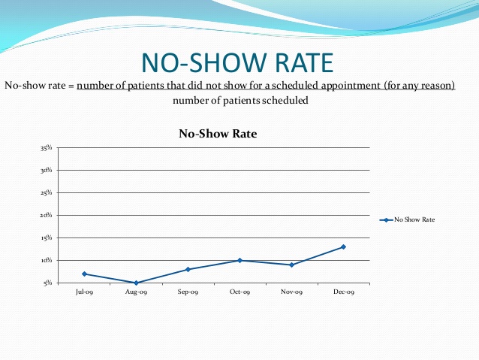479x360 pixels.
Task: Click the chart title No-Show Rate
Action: pos(218,134)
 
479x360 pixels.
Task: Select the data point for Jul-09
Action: pos(85,274)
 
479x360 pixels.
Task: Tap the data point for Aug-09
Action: pos(137,283)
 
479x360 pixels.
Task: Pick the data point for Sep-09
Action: pos(188,269)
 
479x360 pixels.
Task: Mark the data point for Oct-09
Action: pos(239,260)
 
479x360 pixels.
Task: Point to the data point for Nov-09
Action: pos(291,265)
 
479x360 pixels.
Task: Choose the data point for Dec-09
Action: pos(343,247)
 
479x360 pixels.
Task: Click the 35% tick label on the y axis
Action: pos(47,148)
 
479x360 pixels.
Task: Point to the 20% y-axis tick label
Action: pos(47,216)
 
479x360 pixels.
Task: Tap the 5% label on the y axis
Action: pos(48,283)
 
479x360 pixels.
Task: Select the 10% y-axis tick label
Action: pos(47,261)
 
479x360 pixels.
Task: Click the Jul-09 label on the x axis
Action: pos(85,292)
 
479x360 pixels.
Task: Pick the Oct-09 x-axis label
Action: pos(239,292)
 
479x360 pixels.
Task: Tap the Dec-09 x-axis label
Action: pos(343,292)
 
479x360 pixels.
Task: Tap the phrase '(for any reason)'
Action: pos(420,86)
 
